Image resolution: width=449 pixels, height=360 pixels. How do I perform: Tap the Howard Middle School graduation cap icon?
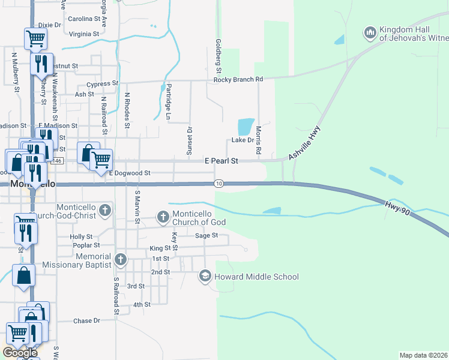[204, 276]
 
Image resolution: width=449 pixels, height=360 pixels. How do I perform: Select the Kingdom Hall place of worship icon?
[370, 31]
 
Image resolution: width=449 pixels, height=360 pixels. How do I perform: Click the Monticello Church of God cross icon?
[163, 216]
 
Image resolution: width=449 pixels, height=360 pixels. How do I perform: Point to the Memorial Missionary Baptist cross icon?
[121, 259]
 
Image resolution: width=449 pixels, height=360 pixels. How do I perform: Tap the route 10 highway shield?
[219, 183]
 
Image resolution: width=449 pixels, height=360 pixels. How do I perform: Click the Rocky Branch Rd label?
[239, 80]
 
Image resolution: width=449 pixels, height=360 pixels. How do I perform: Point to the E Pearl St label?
[221, 161]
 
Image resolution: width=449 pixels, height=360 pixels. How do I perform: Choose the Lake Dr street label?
[243, 140]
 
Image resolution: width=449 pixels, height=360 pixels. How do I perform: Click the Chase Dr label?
[86, 321]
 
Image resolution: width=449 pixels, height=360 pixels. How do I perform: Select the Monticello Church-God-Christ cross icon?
[105, 210]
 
